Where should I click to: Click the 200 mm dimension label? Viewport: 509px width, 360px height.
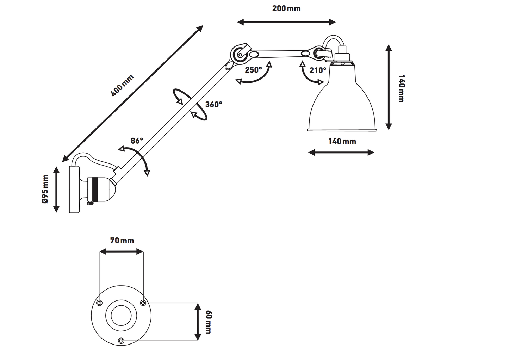coord(286,8)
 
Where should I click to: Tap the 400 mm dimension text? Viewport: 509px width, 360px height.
coord(122,86)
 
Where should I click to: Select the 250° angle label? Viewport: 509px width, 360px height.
coord(253,70)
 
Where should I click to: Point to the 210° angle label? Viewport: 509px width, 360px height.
coord(318,70)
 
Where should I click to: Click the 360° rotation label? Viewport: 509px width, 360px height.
coord(213,104)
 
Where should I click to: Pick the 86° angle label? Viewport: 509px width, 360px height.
coord(137,141)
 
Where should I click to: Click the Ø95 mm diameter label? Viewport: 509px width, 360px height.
coord(45,189)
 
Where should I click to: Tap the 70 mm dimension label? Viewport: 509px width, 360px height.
coord(122,241)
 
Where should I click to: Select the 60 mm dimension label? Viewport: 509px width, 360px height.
coord(208,322)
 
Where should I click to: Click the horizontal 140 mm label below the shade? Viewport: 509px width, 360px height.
coord(342,141)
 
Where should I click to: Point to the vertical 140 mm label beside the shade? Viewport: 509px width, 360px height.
coord(401,88)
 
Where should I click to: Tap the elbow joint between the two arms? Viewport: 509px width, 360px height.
coord(240,54)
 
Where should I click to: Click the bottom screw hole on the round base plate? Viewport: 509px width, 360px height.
coord(122,341)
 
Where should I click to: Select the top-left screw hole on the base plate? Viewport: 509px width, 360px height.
coord(99,303)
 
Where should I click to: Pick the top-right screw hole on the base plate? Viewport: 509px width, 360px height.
coord(143,303)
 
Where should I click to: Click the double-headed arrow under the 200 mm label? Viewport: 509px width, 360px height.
coord(286,22)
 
